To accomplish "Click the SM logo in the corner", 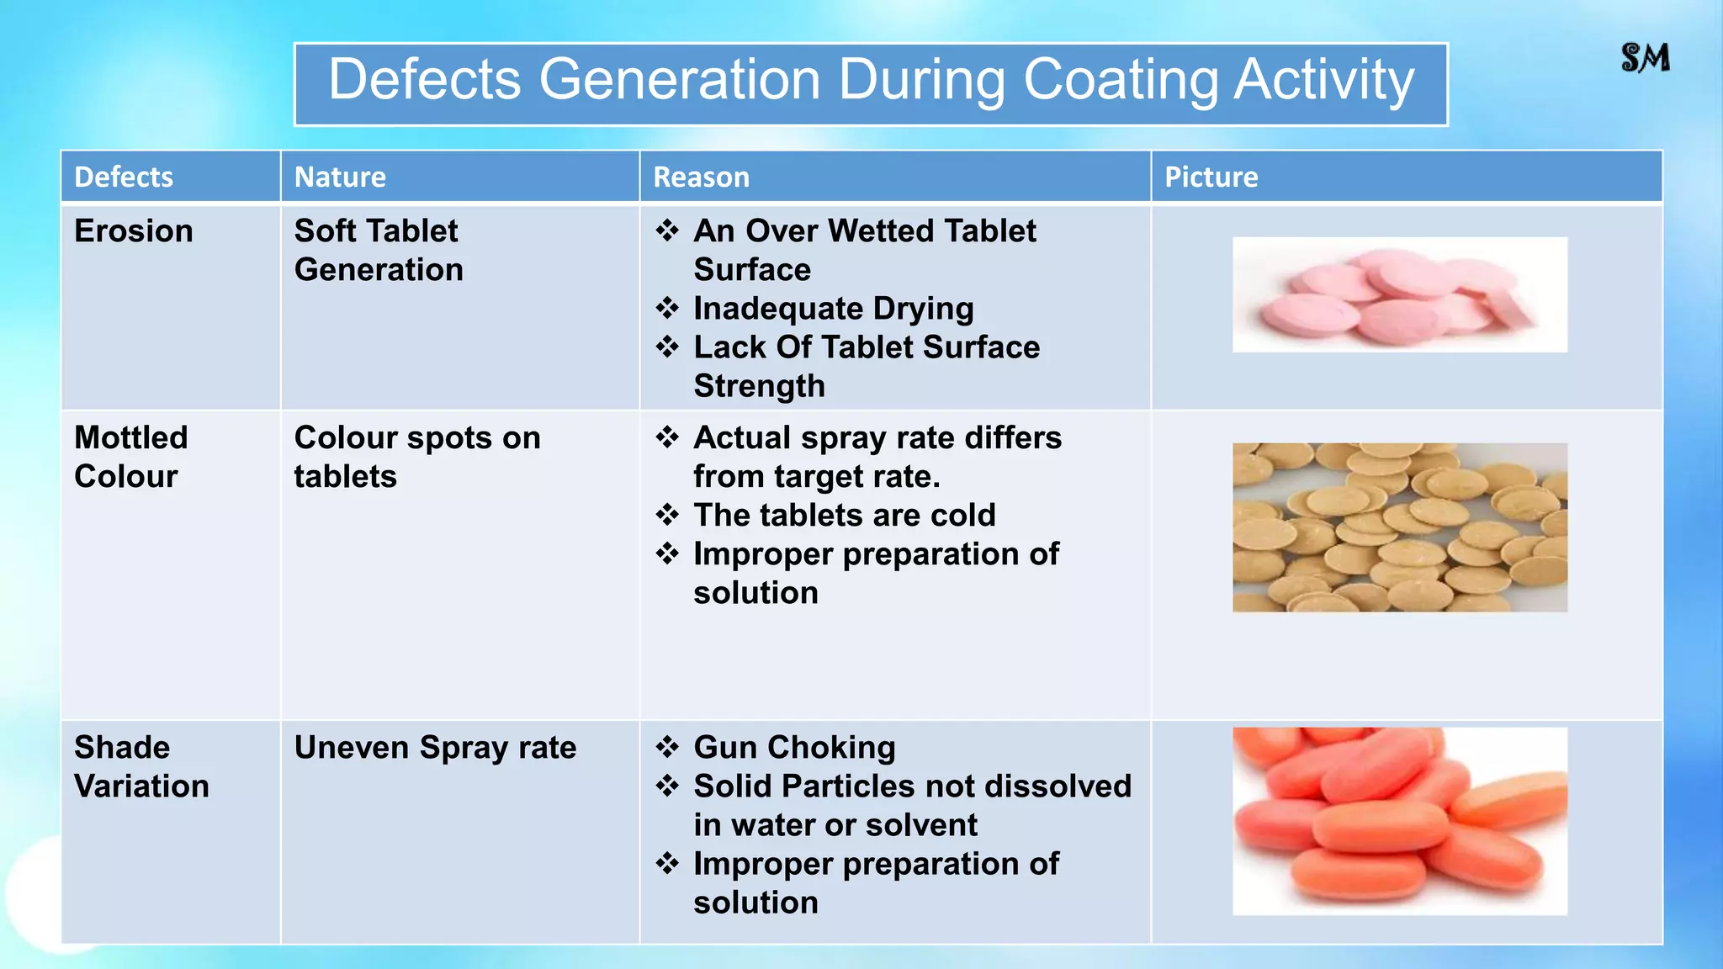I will coord(1645,58).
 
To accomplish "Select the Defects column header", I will coord(124,177).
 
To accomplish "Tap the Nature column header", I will coord(340,177).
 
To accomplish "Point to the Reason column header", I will coord(701,177).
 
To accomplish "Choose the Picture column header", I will coord(1211,177).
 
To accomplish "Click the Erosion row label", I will coord(134,231).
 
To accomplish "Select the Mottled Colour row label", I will coord(130,457).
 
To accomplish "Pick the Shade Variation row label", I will coord(141,766).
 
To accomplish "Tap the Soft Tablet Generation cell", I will coord(379,250).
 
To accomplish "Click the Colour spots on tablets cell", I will coord(416,457).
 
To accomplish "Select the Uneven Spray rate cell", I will coord(435,748).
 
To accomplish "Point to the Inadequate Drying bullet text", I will coord(833,309).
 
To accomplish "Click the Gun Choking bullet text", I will coord(794,748).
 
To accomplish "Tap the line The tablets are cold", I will coord(844,516).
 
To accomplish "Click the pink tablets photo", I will coord(1399,295).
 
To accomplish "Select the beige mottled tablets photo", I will coord(1399,527).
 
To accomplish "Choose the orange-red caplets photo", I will coord(1399,821).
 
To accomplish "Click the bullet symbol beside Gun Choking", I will coord(667,747).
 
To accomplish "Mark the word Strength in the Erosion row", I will coord(759,386).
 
